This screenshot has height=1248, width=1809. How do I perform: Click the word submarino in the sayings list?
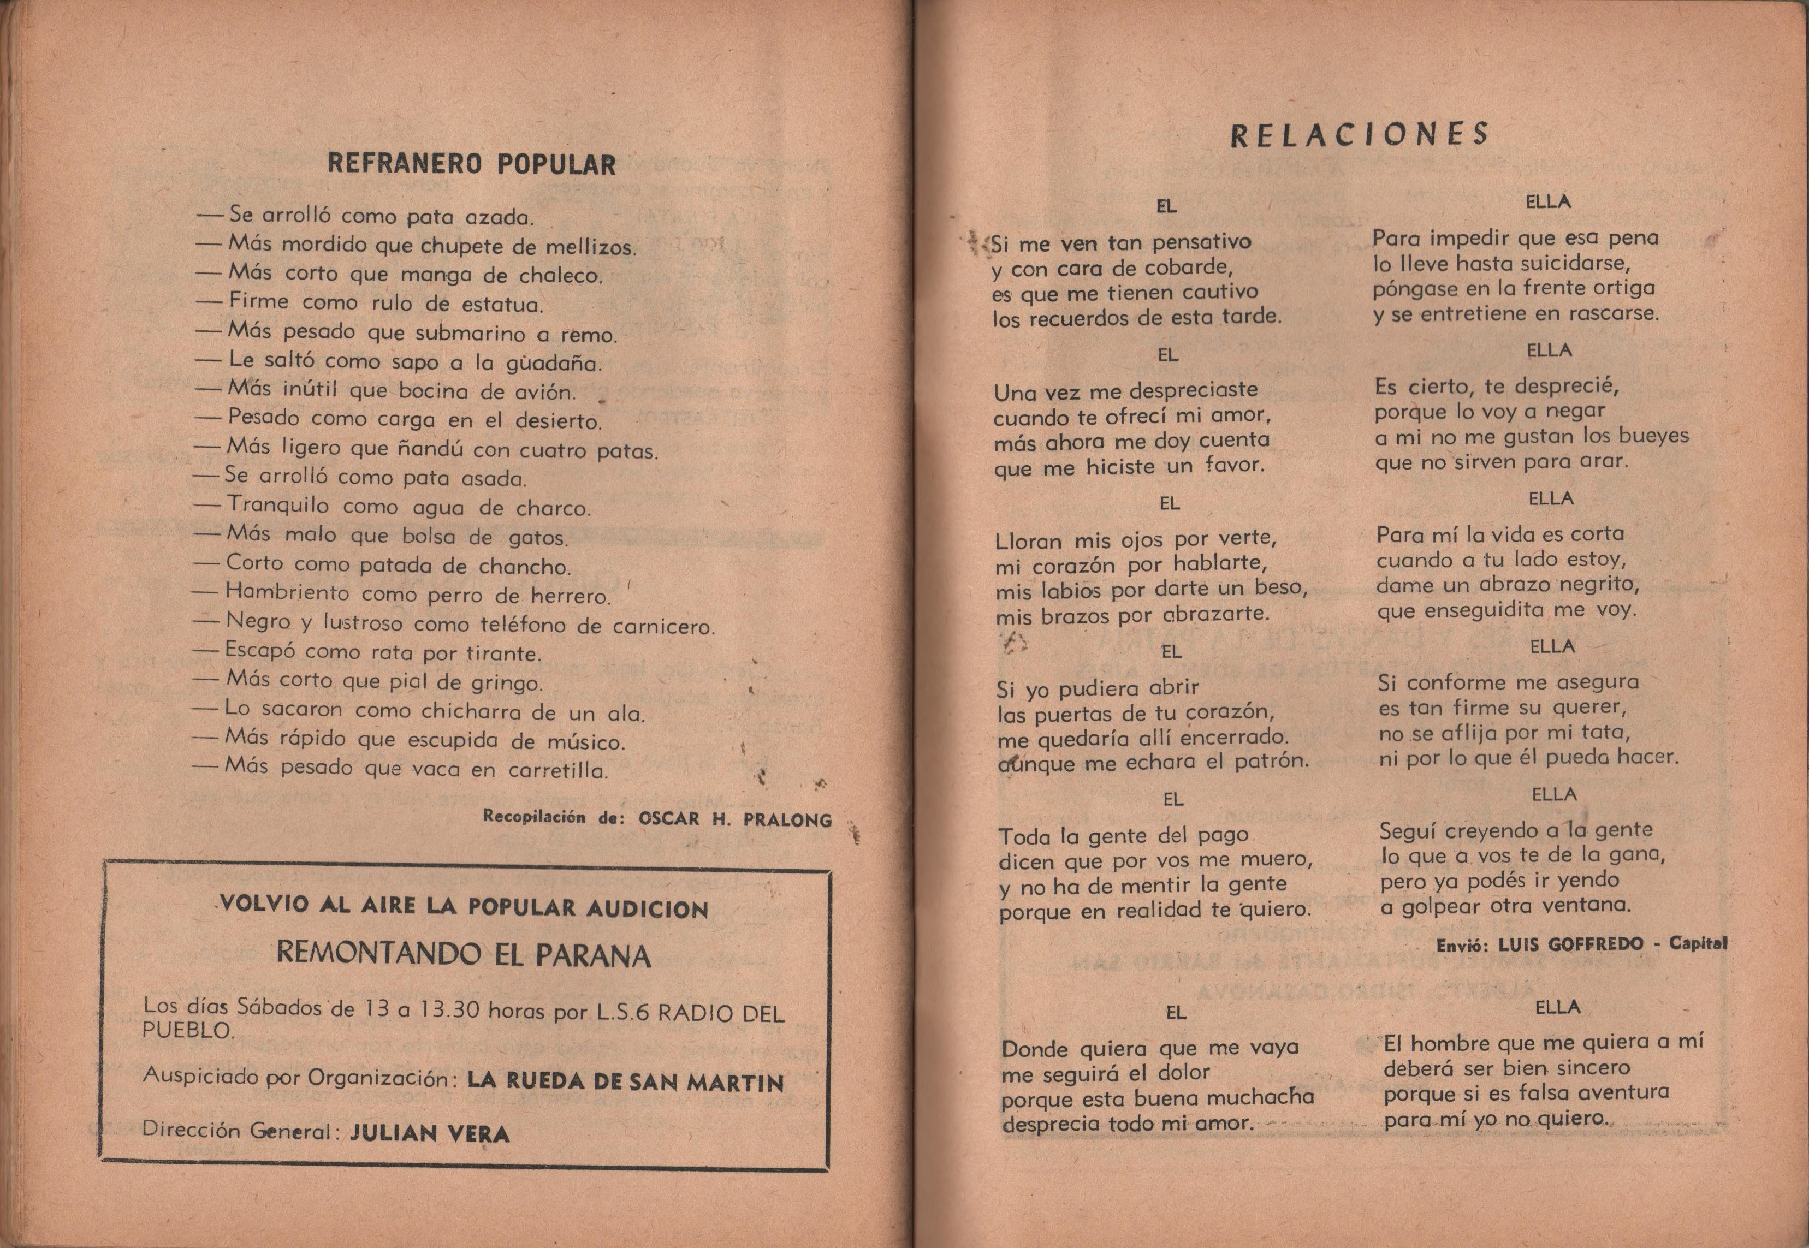coord(470,334)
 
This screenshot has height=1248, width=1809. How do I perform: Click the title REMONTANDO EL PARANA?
coord(464,955)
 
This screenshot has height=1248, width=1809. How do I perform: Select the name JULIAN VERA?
coord(430,1133)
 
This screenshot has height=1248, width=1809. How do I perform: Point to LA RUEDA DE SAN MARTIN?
coord(625,1082)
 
